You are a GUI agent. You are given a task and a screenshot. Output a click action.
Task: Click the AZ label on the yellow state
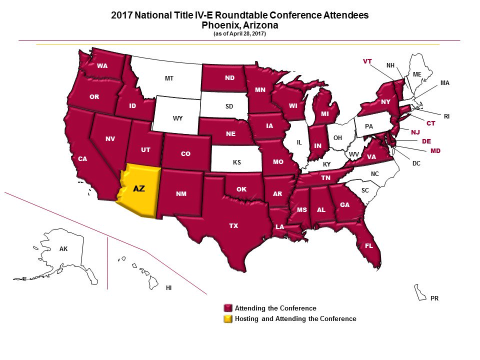point(139,189)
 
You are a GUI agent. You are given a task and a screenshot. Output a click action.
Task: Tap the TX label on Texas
point(233,226)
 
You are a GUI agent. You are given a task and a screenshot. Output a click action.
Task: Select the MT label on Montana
point(169,78)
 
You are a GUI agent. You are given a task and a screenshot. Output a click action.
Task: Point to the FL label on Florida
point(369,246)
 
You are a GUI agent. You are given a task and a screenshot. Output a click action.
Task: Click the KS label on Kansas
point(237,162)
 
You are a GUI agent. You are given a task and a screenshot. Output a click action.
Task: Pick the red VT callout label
point(367,61)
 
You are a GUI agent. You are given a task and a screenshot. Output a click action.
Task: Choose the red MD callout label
point(435,150)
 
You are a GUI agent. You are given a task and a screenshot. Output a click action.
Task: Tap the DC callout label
point(416,163)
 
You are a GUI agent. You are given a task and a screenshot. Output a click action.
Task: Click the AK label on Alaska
point(63,248)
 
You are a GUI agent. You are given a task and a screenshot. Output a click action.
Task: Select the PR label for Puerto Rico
point(434,298)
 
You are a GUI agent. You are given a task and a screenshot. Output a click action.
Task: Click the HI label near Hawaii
point(169,288)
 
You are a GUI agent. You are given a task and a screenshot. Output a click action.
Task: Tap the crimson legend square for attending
point(228,308)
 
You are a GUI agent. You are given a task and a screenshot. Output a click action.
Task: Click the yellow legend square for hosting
point(228,318)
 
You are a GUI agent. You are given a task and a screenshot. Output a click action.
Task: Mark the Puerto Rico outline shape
point(419,291)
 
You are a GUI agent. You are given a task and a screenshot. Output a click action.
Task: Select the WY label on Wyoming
point(177,118)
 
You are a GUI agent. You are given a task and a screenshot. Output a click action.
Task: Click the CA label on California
point(82,159)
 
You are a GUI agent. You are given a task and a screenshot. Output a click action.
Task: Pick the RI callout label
point(446,116)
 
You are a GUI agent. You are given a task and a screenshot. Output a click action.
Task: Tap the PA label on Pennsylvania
point(369,126)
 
